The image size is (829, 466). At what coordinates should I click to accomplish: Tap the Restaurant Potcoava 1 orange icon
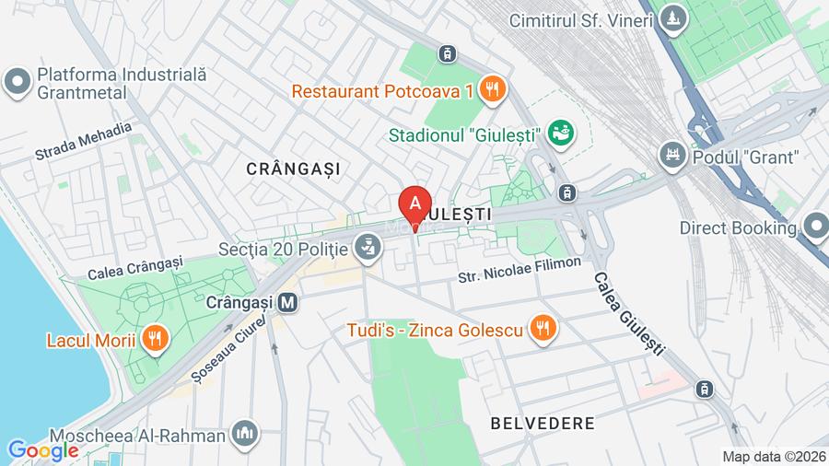(x=494, y=90)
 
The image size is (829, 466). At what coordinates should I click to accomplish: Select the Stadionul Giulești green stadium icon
(x=558, y=134)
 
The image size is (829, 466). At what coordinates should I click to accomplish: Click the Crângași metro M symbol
(x=288, y=301)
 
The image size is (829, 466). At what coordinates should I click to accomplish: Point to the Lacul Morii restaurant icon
(x=154, y=341)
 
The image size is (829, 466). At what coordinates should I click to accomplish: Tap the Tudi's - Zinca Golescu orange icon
(x=542, y=329)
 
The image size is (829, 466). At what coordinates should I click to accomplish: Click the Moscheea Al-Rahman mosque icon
(x=245, y=432)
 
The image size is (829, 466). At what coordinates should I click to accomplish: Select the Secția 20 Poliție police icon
(x=369, y=248)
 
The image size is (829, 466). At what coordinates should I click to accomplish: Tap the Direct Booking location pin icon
(x=815, y=227)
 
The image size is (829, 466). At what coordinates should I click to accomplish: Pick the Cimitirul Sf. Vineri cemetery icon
(x=677, y=17)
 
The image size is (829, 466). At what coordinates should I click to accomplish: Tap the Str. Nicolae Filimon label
(x=520, y=270)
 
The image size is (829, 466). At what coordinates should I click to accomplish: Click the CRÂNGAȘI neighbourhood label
(x=293, y=169)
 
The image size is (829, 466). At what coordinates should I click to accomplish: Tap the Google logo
(x=42, y=450)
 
